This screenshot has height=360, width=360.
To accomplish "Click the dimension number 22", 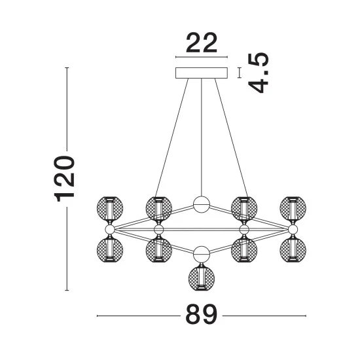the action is [x=202, y=43].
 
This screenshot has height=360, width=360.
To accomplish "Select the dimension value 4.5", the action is [x=259, y=73].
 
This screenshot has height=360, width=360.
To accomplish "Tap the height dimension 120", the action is [x=64, y=179].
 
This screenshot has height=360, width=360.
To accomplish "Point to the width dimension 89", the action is [x=201, y=314].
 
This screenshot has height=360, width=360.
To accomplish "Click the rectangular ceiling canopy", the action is [x=202, y=73].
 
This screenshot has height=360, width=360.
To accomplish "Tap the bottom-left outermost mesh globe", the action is [x=110, y=249].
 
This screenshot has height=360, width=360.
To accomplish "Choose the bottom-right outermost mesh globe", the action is [x=293, y=249].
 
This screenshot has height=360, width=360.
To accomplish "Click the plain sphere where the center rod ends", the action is [x=202, y=204].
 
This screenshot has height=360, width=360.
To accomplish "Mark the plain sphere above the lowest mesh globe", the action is [x=202, y=255].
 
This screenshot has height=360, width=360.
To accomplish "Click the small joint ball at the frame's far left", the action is [x=109, y=229].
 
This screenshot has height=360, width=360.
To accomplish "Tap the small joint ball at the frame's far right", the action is [x=293, y=229].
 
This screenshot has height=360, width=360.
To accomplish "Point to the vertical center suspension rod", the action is [x=202, y=137].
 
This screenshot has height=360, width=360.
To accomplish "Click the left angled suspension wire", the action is [x=171, y=137].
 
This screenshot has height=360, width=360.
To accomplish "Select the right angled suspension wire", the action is [x=232, y=137].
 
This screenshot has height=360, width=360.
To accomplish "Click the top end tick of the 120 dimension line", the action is [x=67, y=67].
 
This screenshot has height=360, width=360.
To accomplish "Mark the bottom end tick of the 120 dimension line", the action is [x=67, y=291].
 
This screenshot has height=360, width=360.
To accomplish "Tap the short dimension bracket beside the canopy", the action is [x=240, y=73].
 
